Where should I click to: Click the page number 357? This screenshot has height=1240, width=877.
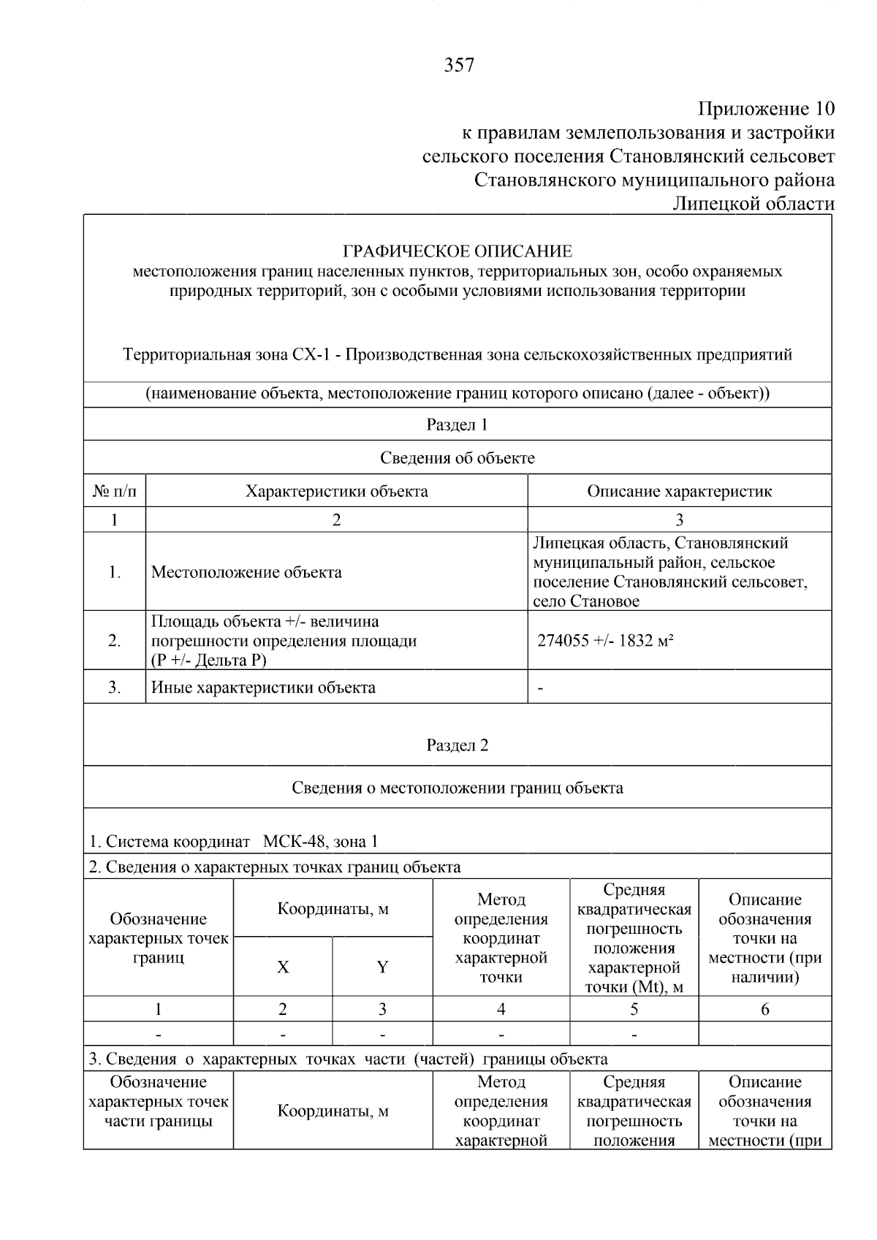(x=459, y=66)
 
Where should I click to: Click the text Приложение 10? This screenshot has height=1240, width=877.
(x=765, y=109)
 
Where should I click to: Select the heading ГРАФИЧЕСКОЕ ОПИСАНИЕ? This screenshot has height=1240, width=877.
(x=458, y=251)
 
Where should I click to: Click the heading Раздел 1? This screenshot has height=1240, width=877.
(x=458, y=425)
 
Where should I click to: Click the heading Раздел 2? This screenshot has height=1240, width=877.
(x=458, y=745)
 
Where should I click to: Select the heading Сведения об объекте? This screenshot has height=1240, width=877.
(x=458, y=458)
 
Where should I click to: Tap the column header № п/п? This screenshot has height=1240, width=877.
(x=115, y=491)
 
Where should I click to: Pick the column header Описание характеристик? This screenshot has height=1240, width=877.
(x=679, y=491)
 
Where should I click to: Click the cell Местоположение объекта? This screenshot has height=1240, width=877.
(x=246, y=572)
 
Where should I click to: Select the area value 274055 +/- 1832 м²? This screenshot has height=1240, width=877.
(x=605, y=641)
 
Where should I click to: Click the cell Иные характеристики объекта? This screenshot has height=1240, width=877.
(x=263, y=688)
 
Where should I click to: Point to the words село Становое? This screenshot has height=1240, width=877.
(x=586, y=601)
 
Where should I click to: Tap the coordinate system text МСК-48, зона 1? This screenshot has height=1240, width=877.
(x=320, y=842)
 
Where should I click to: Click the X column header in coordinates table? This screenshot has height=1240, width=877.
(x=283, y=967)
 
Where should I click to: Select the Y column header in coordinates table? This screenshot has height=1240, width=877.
(x=382, y=967)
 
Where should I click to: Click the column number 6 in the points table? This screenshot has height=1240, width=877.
(x=764, y=1009)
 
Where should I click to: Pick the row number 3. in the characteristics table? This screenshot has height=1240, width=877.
(x=115, y=688)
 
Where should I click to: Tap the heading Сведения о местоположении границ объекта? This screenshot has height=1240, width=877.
(x=458, y=788)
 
